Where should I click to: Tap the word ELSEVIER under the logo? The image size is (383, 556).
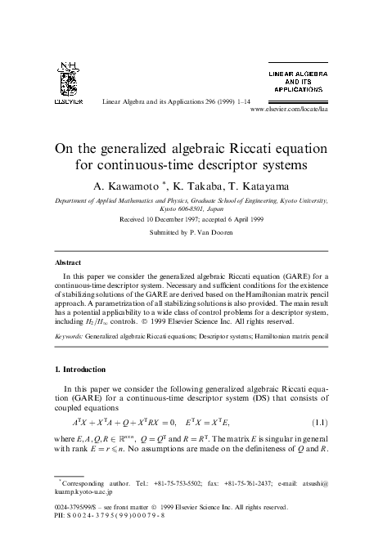65,103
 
